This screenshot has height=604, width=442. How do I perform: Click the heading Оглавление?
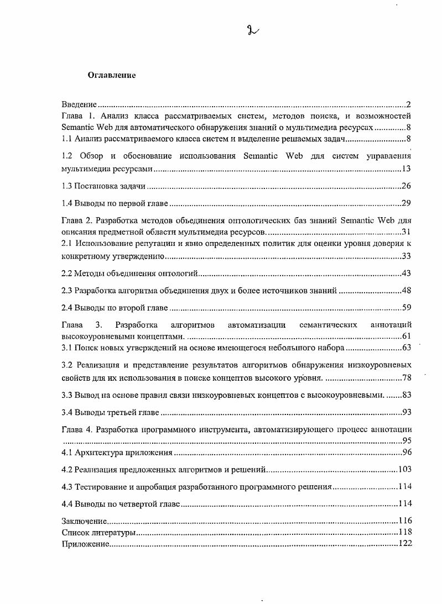[112, 75]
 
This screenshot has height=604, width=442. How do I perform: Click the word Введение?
[79, 104]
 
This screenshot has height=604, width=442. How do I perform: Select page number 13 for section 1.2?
[406, 169]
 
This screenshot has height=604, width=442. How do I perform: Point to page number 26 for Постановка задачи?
[406, 186]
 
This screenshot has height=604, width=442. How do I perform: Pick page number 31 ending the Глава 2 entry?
[406, 231]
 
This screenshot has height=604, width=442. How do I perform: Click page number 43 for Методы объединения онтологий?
[406, 274]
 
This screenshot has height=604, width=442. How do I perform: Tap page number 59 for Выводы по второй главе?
[406, 308]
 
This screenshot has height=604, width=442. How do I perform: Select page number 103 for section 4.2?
[404, 470]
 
